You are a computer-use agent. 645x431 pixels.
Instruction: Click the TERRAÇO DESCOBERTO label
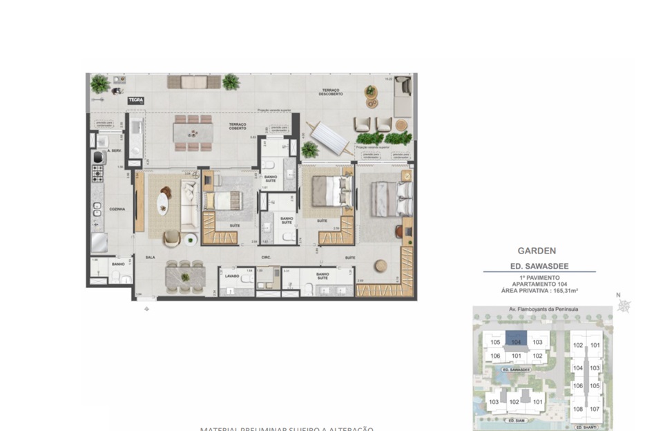pos(331,93)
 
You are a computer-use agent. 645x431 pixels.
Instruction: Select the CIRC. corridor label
pos(265,257)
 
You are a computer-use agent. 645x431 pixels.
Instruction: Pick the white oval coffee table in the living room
pos(162,203)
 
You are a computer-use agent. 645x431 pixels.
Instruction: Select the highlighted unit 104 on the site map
pos(515,341)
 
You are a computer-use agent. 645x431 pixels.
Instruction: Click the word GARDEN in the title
pos(537,251)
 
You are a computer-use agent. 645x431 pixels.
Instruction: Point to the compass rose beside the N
pos(624,307)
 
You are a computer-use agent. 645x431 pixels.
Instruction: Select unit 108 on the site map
pos(578,409)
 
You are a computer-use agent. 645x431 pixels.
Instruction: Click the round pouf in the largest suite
pos(380,267)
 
